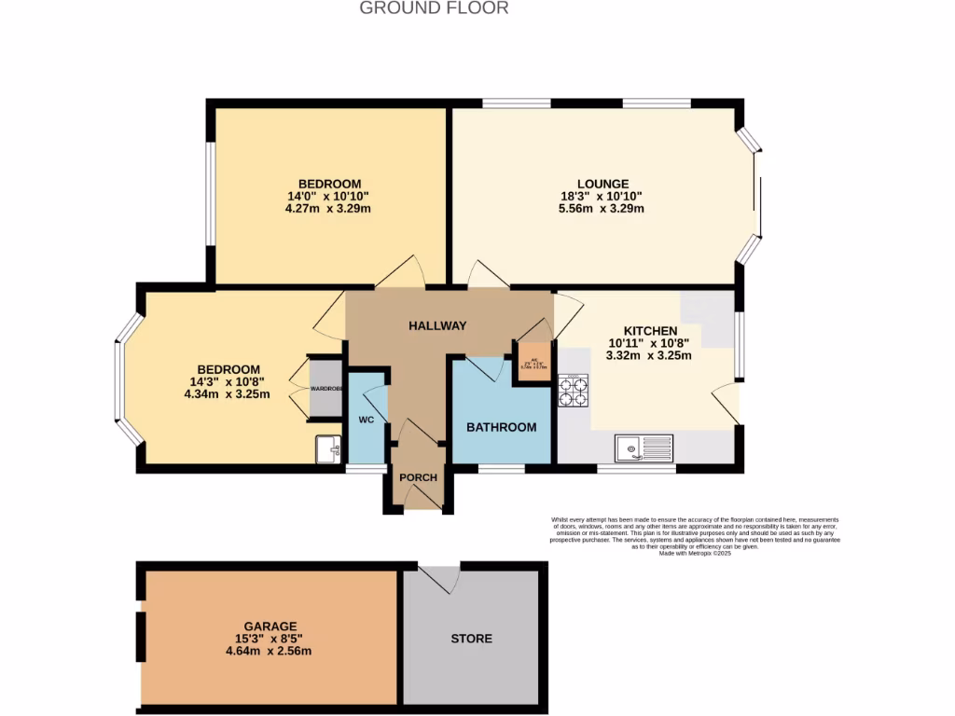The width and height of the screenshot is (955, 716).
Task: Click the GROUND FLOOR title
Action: coord(434,8)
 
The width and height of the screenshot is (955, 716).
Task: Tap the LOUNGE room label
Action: coord(602,184)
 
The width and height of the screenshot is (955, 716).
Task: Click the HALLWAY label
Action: coord(437,325)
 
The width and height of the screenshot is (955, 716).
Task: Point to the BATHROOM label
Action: coord(501,427)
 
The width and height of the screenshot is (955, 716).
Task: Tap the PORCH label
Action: coord(418,477)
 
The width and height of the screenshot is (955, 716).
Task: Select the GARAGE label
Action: coord(270,626)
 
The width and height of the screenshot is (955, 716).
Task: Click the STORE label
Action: coord(471,639)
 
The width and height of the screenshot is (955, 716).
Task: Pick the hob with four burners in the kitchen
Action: coord(573,390)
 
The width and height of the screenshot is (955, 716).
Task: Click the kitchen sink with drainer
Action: coord(644,448)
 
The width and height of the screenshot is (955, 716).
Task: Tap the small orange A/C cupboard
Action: coord(534,363)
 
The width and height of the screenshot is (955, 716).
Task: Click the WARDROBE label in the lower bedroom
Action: coord(326,388)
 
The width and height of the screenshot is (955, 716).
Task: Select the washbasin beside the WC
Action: coord(328,449)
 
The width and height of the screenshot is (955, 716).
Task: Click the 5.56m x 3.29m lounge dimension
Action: coord(602,209)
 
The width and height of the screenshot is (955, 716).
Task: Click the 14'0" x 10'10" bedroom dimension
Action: coord(329,196)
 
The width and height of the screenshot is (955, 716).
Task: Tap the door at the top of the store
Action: coord(439,578)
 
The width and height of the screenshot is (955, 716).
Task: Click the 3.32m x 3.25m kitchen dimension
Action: coord(648,355)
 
